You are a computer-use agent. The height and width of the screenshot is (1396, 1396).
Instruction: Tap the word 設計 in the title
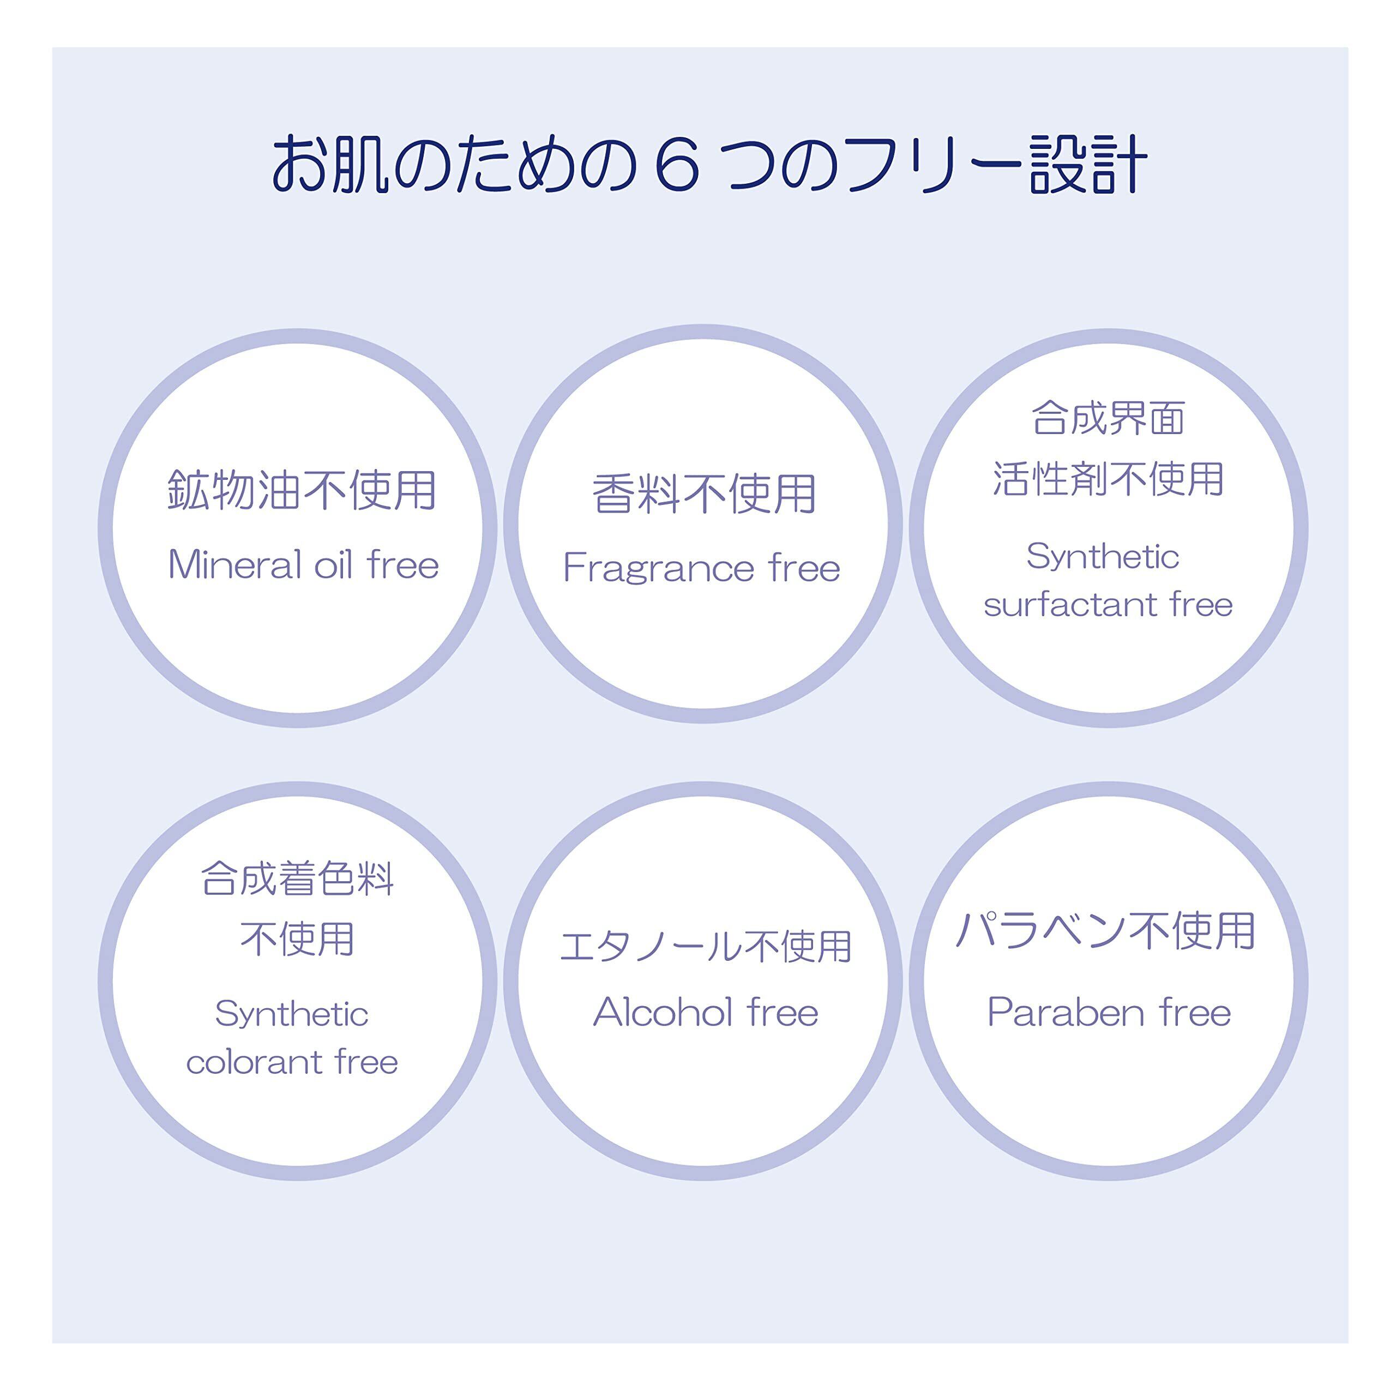click(1088, 165)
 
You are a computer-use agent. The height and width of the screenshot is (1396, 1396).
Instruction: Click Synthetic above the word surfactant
click(1103, 556)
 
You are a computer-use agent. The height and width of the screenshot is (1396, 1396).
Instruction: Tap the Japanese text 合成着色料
click(297, 880)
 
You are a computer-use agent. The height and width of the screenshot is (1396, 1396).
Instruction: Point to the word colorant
click(254, 1062)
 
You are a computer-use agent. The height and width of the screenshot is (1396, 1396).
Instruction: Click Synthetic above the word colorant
click(292, 1014)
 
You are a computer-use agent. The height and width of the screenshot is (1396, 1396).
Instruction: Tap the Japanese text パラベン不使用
click(1105, 931)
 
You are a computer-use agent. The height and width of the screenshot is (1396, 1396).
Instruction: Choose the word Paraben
click(1065, 1012)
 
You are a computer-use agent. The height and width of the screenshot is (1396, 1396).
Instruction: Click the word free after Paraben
click(1195, 1012)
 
